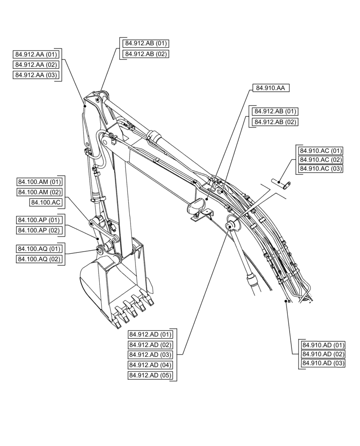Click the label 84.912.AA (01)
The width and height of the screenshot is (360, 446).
37,54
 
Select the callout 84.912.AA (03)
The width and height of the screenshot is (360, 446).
37,75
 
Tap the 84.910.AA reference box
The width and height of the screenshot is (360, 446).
271,88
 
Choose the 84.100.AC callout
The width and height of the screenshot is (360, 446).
46,202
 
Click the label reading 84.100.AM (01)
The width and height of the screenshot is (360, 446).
40,182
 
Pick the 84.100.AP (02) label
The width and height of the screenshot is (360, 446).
40,231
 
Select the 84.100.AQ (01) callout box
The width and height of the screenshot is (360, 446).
40,249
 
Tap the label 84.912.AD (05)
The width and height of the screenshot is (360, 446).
151,376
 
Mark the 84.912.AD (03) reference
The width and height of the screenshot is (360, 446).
151,355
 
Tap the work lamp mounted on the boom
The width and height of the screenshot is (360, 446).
196,207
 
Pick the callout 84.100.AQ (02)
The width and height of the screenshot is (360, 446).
40,259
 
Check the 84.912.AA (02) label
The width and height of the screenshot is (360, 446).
37,65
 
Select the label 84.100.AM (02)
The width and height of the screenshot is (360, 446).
40,192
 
